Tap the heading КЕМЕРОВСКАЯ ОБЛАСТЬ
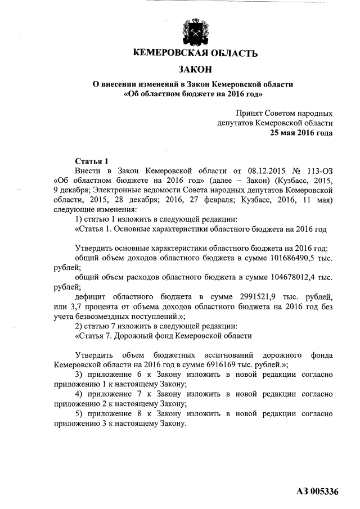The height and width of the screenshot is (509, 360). click(195, 54)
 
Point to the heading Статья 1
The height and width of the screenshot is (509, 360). click(91, 160)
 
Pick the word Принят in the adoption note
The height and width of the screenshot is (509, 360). click(249, 112)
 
